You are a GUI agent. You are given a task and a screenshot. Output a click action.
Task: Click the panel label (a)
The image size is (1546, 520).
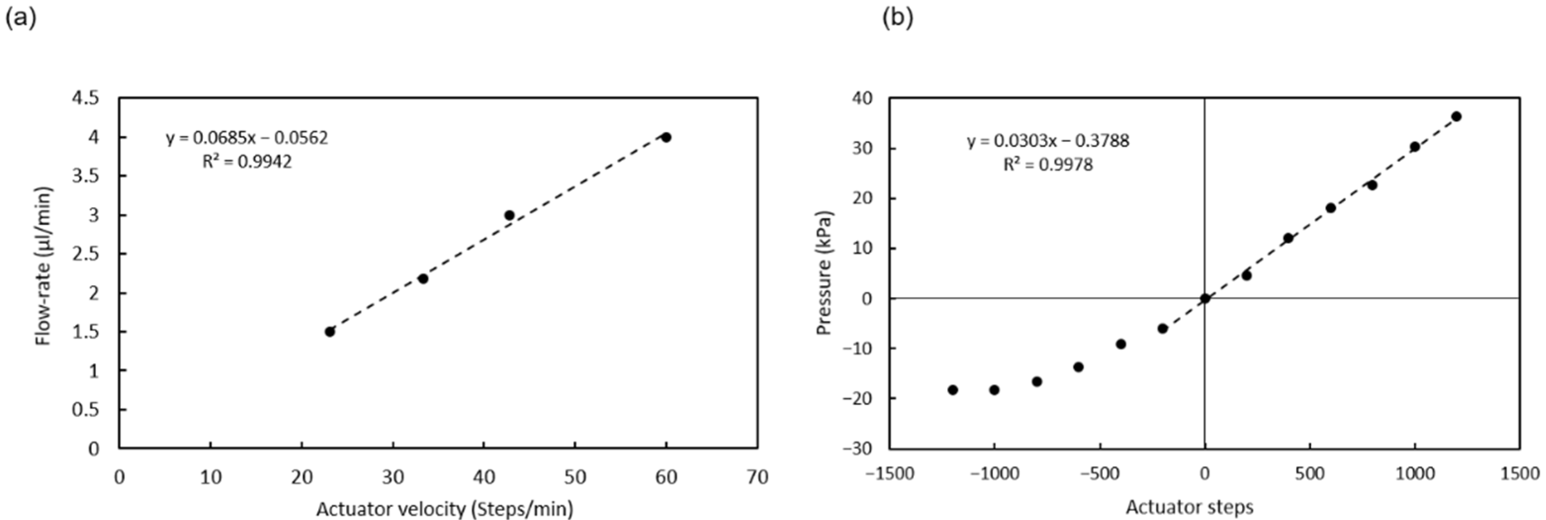(x=20, y=19)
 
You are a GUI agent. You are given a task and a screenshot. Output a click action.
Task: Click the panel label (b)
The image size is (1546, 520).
(x=897, y=19)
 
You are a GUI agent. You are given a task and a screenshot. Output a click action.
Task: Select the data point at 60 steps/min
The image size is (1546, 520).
(x=666, y=137)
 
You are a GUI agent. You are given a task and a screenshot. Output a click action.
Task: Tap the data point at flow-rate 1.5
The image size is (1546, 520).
(x=330, y=332)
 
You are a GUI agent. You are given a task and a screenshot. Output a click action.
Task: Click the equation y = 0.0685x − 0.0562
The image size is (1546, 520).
(x=247, y=138)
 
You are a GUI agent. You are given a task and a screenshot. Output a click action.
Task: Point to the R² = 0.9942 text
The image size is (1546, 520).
(x=247, y=162)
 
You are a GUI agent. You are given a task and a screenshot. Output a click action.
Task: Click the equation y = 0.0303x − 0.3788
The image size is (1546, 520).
(x=1048, y=141)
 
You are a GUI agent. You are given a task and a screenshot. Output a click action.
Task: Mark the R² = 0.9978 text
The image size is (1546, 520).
(x=1048, y=164)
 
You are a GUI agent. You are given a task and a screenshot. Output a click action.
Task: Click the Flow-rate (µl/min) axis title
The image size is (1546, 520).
(x=44, y=266)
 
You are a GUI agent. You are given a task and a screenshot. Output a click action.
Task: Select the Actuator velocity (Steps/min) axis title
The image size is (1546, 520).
(x=444, y=509)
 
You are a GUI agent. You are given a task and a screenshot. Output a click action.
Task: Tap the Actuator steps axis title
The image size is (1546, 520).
(x=1189, y=507)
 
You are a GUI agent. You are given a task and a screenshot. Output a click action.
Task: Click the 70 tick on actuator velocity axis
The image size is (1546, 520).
(x=757, y=477)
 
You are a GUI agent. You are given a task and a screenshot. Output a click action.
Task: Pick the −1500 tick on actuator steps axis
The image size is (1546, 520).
(x=890, y=474)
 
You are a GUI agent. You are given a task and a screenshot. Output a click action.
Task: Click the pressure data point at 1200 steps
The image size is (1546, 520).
(x=1456, y=117)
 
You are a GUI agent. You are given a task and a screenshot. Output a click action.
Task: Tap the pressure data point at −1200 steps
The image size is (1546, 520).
(x=952, y=390)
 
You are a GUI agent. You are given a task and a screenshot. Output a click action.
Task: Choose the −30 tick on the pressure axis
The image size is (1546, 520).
(x=860, y=448)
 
